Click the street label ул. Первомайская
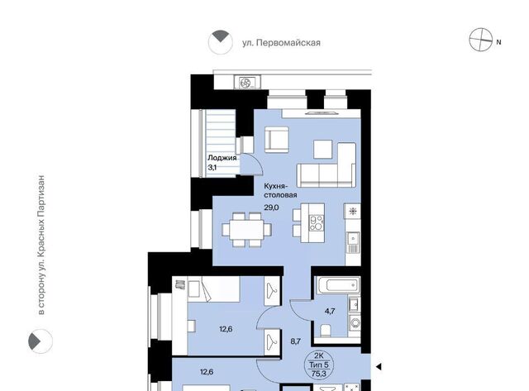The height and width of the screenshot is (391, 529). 281,43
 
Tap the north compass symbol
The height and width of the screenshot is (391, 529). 481,40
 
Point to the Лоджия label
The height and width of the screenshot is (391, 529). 222,158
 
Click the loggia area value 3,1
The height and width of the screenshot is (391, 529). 212,167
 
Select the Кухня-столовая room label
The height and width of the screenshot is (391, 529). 280,191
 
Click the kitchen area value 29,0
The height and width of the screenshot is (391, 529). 271,207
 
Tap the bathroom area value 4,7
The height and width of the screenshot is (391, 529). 330,311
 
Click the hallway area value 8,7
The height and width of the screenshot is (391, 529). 296,341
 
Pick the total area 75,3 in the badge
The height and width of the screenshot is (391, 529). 318,373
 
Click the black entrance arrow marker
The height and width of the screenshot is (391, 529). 379,366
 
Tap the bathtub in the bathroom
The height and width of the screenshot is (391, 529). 337,285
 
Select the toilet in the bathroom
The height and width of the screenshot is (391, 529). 326,331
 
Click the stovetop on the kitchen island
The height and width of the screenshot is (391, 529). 317,223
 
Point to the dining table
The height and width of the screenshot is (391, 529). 246,230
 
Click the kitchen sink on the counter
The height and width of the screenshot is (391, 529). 353,242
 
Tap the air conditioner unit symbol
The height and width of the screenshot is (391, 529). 247,83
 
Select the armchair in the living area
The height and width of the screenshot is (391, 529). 277,140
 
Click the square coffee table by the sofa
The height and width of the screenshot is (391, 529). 323,149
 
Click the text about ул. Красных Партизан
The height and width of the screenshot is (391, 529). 41,245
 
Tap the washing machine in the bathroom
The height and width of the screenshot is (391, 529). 355,324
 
